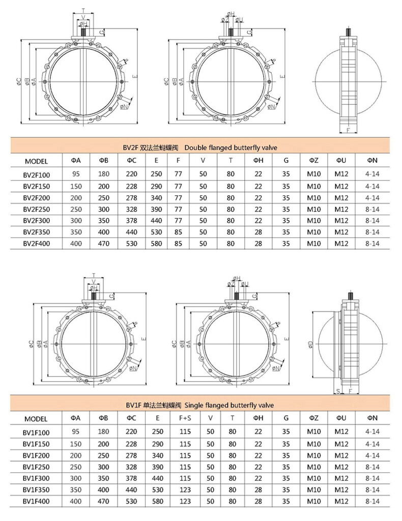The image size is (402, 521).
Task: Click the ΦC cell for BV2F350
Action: [132, 232]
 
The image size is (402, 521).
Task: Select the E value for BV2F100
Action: [156, 174]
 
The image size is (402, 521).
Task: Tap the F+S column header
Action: [185, 418]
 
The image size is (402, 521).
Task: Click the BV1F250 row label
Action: [36, 467]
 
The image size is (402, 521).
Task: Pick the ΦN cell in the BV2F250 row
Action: [372, 209]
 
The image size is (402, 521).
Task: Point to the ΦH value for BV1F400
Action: [258, 501]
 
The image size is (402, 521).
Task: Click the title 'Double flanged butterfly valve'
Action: [231, 148]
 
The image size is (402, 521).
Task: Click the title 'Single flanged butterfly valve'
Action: [229, 406]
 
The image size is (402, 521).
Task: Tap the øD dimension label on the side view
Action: [310, 344]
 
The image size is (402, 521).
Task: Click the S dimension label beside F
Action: [338, 391]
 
